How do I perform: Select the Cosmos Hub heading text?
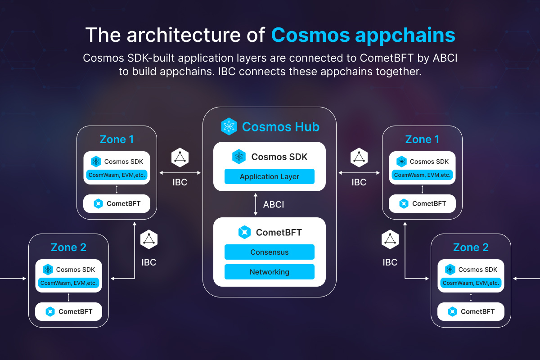[x=280, y=127]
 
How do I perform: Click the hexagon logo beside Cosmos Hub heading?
[x=229, y=126]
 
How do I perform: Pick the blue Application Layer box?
[x=269, y=176]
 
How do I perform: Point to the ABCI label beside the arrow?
[x=274, y=205]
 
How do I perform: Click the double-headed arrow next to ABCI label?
[x=256, y=204]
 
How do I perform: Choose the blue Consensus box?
[x=269, y=252]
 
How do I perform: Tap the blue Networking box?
[x=269, y=272]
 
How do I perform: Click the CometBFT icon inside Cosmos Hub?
[x=244, y=232]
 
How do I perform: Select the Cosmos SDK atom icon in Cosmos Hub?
[x=239, y=157]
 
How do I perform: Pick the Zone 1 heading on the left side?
[x=117, y=139]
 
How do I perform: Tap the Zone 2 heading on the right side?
[x=471, y=247]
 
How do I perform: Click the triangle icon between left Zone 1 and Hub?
[x=180, y=157]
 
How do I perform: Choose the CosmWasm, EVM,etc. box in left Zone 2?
[x=68, y=283]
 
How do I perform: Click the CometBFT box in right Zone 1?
[x=422, y=203]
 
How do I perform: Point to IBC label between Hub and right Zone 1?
[x=359, y=183]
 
